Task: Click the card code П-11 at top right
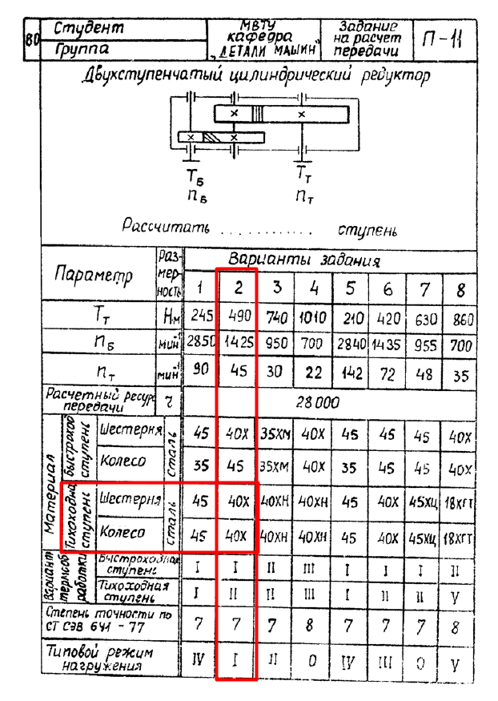pos(443,39)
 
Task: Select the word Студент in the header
pos(89,30)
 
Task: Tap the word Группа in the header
pos(82,50)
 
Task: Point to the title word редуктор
pos(393,76)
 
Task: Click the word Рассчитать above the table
pos(166,227)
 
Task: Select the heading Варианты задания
pos(304,260)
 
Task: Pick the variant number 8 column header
pos(460,288)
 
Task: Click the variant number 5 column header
pos(350,288)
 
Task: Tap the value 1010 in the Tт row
pos(313,317)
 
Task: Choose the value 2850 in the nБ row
pos(201,344)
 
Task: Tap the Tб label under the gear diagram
pos(196,175)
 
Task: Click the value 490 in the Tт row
pos(237,317)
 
